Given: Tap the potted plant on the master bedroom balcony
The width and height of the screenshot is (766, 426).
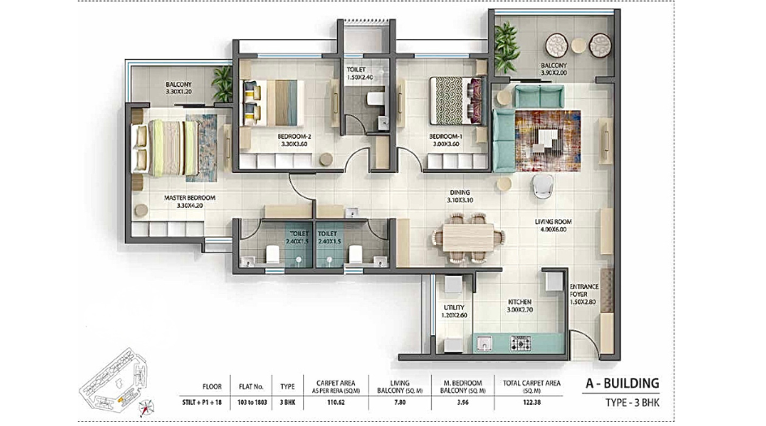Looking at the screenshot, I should click(222, 80).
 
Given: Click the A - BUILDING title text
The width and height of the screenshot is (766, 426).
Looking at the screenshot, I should click(622, 383).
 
